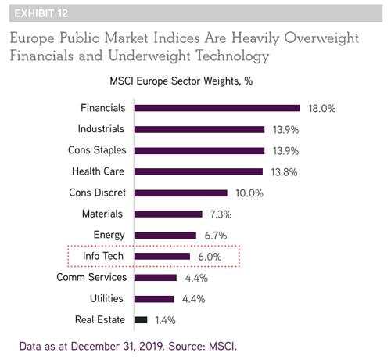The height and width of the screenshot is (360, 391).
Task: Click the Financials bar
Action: tap(217, 108)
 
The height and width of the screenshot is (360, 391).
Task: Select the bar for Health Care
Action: tap(199, 171)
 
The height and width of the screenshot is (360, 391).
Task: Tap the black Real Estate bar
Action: tap(141, 320)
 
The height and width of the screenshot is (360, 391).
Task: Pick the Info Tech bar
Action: tap(162, 257)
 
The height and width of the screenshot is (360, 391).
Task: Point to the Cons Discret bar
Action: tap(181, 193)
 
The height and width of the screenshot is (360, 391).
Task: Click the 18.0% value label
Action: tap(322, 109)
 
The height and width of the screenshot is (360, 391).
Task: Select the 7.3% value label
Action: tap(221, 214)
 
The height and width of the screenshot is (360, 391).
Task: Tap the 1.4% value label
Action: tap(165, 320)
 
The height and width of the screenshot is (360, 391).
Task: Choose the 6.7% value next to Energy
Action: tap(216, 236)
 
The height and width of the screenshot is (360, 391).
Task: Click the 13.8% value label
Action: tap(284, 172)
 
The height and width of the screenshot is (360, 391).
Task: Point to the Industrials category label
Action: tap(101, 129)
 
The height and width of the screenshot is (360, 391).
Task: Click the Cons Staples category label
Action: tap(97, 150)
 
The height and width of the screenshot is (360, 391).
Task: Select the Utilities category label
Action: tap(106, 298)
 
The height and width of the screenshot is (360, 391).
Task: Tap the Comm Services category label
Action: tap(91, 277)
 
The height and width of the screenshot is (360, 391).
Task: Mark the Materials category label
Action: tap(102, 214)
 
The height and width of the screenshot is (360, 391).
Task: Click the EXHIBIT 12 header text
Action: tap(41, 13)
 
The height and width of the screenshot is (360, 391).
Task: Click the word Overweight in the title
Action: tap(321, 38)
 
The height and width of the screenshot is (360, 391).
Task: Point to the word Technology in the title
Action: tap(232, 56)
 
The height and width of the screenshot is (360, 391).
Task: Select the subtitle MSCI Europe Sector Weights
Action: tap(174, 81)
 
